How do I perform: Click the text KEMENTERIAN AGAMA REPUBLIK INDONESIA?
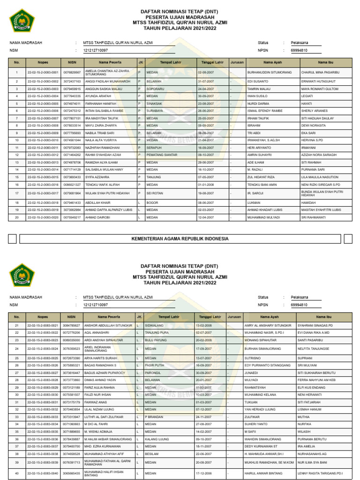180,239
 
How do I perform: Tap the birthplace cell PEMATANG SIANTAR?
161,155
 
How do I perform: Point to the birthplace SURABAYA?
155,111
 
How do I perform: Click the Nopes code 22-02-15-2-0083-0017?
43,193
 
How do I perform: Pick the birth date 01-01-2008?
206,184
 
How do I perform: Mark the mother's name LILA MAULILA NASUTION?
320,177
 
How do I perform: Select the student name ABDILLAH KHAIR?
97,202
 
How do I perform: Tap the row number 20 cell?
16,217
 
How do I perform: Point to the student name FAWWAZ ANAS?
96,402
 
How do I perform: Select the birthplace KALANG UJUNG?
157,439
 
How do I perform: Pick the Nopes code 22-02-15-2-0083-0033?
43,417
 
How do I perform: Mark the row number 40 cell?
16,474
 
